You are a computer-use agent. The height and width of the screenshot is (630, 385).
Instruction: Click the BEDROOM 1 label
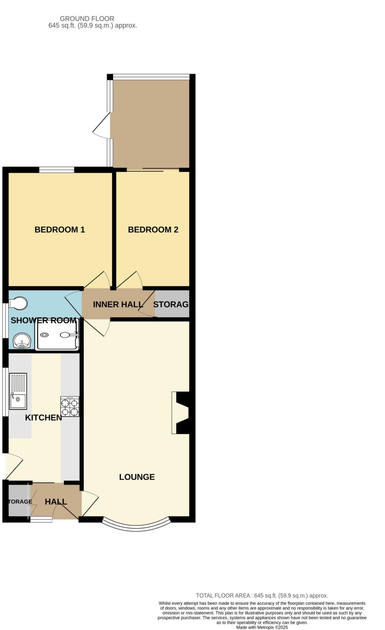[60, 229]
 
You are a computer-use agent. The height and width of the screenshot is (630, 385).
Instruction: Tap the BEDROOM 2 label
[153, 229]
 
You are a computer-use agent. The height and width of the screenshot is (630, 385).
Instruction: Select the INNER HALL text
[118, 304]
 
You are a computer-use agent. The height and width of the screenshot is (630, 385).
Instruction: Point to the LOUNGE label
[137, 477]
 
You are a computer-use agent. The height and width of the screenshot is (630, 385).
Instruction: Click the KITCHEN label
[43, 417]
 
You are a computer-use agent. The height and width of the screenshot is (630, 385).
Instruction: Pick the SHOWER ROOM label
[43, 320]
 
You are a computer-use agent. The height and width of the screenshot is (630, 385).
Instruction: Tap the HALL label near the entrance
[56, 502]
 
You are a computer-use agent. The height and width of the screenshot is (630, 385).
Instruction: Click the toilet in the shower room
[18, 303]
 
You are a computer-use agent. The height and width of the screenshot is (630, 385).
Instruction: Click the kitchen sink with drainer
[18, 391]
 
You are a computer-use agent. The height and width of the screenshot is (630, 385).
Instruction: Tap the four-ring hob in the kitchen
[70, 406]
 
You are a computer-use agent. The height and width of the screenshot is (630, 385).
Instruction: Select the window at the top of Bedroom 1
[57, 169]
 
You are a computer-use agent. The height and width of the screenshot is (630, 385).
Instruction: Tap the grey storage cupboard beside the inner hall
[172, 304]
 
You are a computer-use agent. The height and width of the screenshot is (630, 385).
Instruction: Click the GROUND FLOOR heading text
[87, 19]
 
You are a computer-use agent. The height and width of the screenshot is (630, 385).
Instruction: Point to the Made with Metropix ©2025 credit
[262, 627]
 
